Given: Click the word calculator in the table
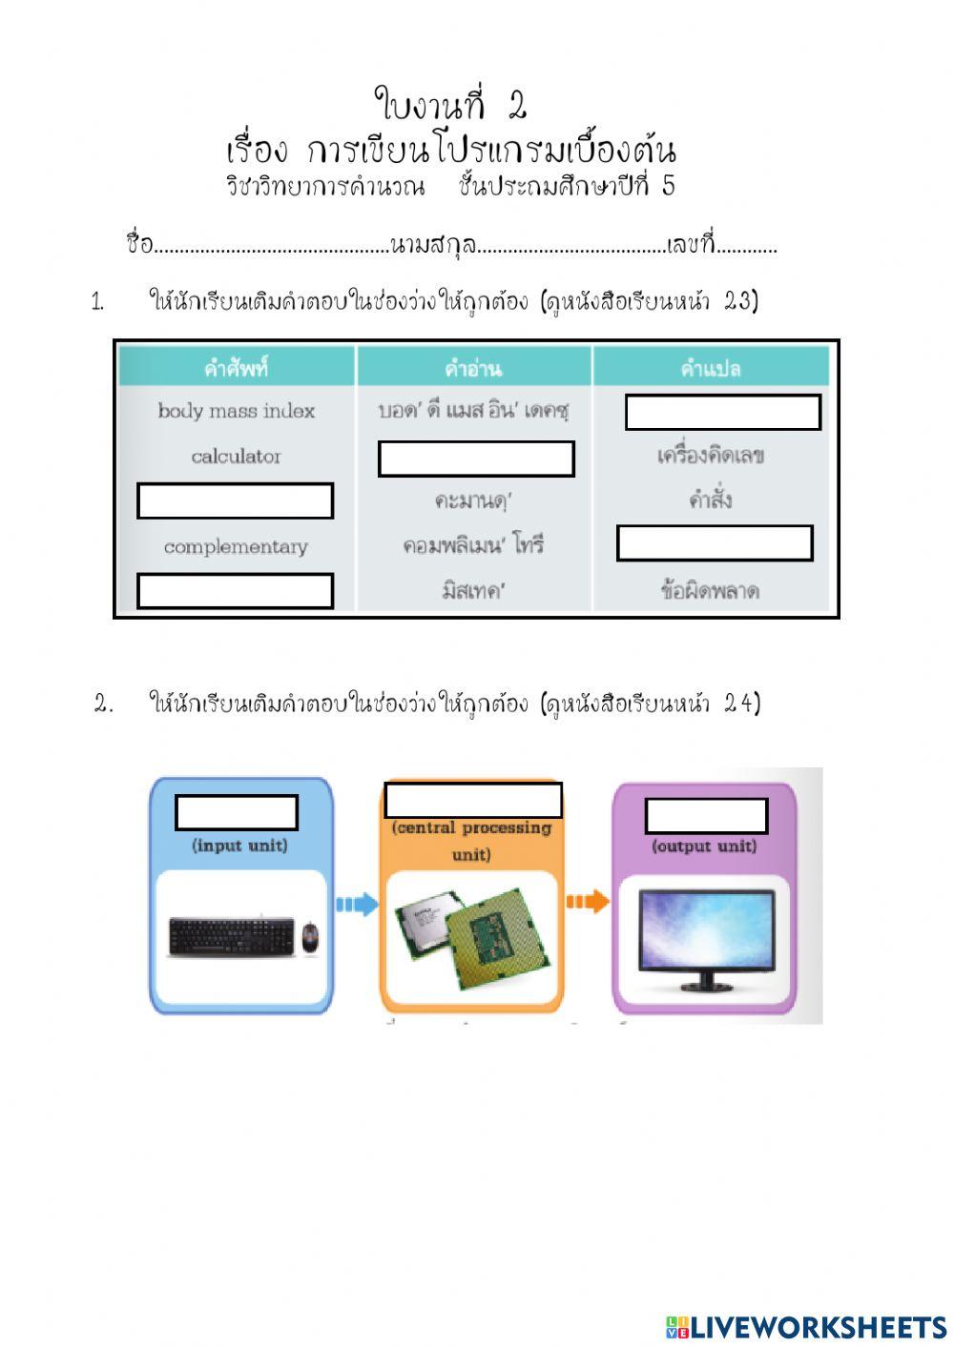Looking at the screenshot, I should coord(236,457).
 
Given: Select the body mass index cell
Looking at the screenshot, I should coord(236,411).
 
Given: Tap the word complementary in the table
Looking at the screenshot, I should coord(236,547).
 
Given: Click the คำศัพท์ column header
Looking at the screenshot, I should coord(236,368).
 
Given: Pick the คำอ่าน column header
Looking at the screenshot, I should coord(473,368).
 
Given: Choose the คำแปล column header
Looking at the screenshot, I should coord(711,368).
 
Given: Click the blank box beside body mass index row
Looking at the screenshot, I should coord(722,413).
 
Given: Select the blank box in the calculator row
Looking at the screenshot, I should coord(476,459).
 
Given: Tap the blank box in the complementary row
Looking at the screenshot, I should coord(715,542).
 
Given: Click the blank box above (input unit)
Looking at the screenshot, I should coord(237,813).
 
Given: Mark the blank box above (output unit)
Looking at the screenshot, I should coord(706,816).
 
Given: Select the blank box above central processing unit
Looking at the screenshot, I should coord(473,800).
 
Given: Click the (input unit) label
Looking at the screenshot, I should coord(239,846).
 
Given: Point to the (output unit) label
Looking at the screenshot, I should coord(704,847).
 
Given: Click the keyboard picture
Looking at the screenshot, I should coord(232,936).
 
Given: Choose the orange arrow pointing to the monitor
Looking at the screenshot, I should coord(587,901).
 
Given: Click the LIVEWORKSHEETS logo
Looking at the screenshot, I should coord(806,1327).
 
